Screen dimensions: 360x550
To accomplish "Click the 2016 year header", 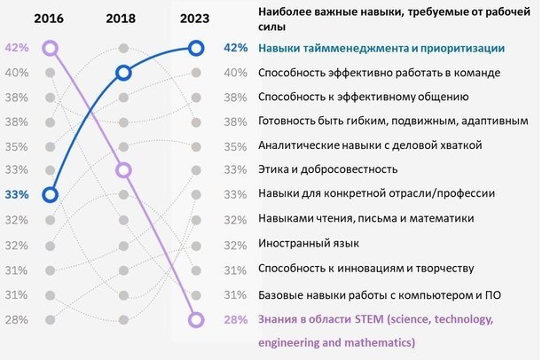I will pyautogui.click(x=50, y=17).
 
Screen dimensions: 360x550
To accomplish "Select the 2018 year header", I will pyautogui.click(x=122, y=17).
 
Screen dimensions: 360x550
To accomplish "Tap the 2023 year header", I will pyautogui.click(x=196, y=17).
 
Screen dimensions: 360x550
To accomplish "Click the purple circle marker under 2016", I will pyautogui.click(x=50, y=48).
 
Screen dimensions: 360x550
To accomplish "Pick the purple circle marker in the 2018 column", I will pyautogui.click(x=123, y=169).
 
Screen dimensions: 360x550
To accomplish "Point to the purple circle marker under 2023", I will pyautogui.click(x=197, y=319).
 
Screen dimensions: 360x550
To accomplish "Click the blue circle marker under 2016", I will pyautogui.click(x=50, y=193).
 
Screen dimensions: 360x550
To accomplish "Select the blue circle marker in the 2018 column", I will pyautogui.click(x=123, y=73).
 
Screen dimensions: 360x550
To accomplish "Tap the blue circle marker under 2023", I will pyautogui.click(x=197, y=48).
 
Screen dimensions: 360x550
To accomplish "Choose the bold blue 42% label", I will pyautogui.click(x=235, y=48).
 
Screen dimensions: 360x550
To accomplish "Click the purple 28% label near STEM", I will pyautogui.click(x=235, y=319).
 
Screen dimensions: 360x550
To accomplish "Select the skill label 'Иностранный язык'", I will pyautogui.click(x=307, y=242).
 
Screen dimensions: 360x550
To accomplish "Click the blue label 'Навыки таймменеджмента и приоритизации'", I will pyautogui.click(x=381, y=48).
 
